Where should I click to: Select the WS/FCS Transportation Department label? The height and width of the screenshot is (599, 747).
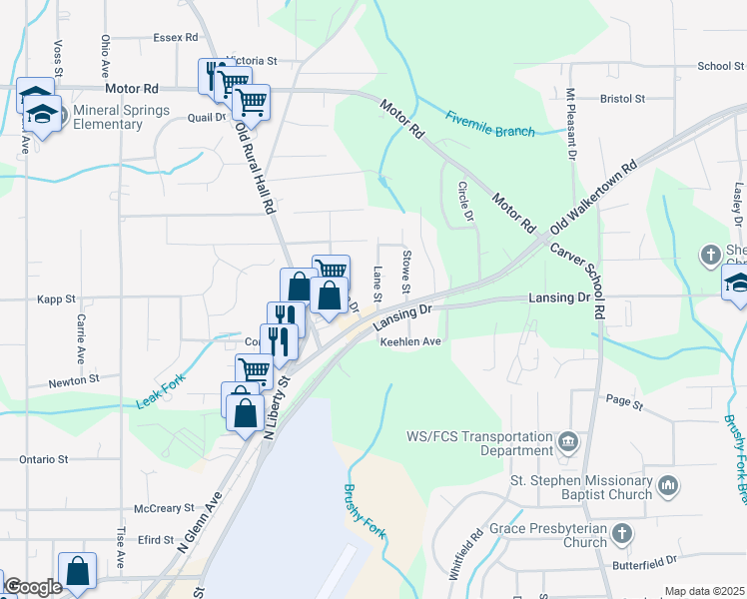click(479, 443)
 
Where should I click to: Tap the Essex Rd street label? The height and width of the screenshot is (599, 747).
click(176, 37)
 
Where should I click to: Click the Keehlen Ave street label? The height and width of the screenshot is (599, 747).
click(409, 341)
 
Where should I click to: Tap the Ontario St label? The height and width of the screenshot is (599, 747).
click(43, 460)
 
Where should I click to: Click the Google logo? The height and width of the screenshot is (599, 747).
click(33, 587)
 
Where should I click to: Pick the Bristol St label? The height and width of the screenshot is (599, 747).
click(623, 99)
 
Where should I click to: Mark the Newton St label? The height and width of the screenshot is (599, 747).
click(75, 380)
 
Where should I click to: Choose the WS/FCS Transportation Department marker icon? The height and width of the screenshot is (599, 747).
click(568, 440)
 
